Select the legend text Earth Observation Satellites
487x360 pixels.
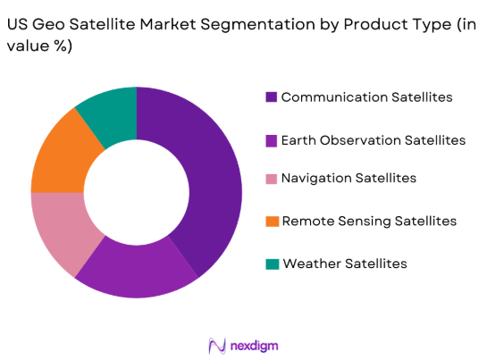coord(373,140)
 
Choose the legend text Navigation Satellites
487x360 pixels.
coord(348,178)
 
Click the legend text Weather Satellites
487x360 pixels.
coord(344,264)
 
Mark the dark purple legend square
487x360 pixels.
coord(272,96)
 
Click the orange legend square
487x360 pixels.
coord(272,220)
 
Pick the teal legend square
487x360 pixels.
coord(272,264)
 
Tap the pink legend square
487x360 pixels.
coord(272,178)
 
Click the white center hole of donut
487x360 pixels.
coord(136,191)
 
